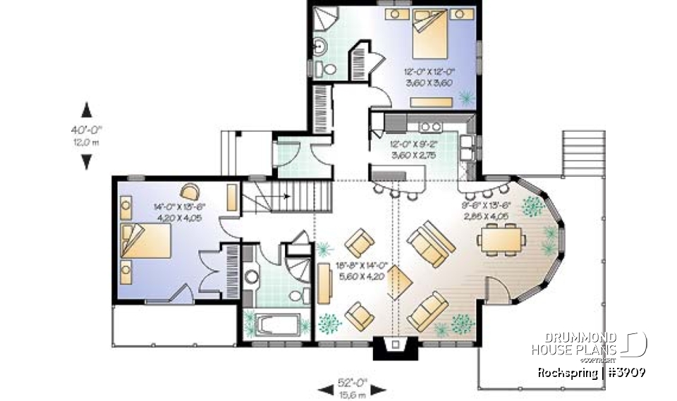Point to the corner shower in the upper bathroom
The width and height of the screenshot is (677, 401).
click(x=324, y=19)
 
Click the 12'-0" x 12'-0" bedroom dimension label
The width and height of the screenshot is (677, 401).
click(x=430, y=76)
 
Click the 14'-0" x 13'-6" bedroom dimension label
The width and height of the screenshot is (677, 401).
click(x=178, y=213)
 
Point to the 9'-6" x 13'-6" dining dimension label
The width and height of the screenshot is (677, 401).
click(x=487, y=211)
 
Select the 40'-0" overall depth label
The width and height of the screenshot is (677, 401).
click(x=86, y=135)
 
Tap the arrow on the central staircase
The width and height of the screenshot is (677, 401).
click(x=286, y=197)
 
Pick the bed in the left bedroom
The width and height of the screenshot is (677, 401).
click(x=147, y=243)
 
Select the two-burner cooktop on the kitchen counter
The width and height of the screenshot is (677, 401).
click(x=428, y=126)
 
